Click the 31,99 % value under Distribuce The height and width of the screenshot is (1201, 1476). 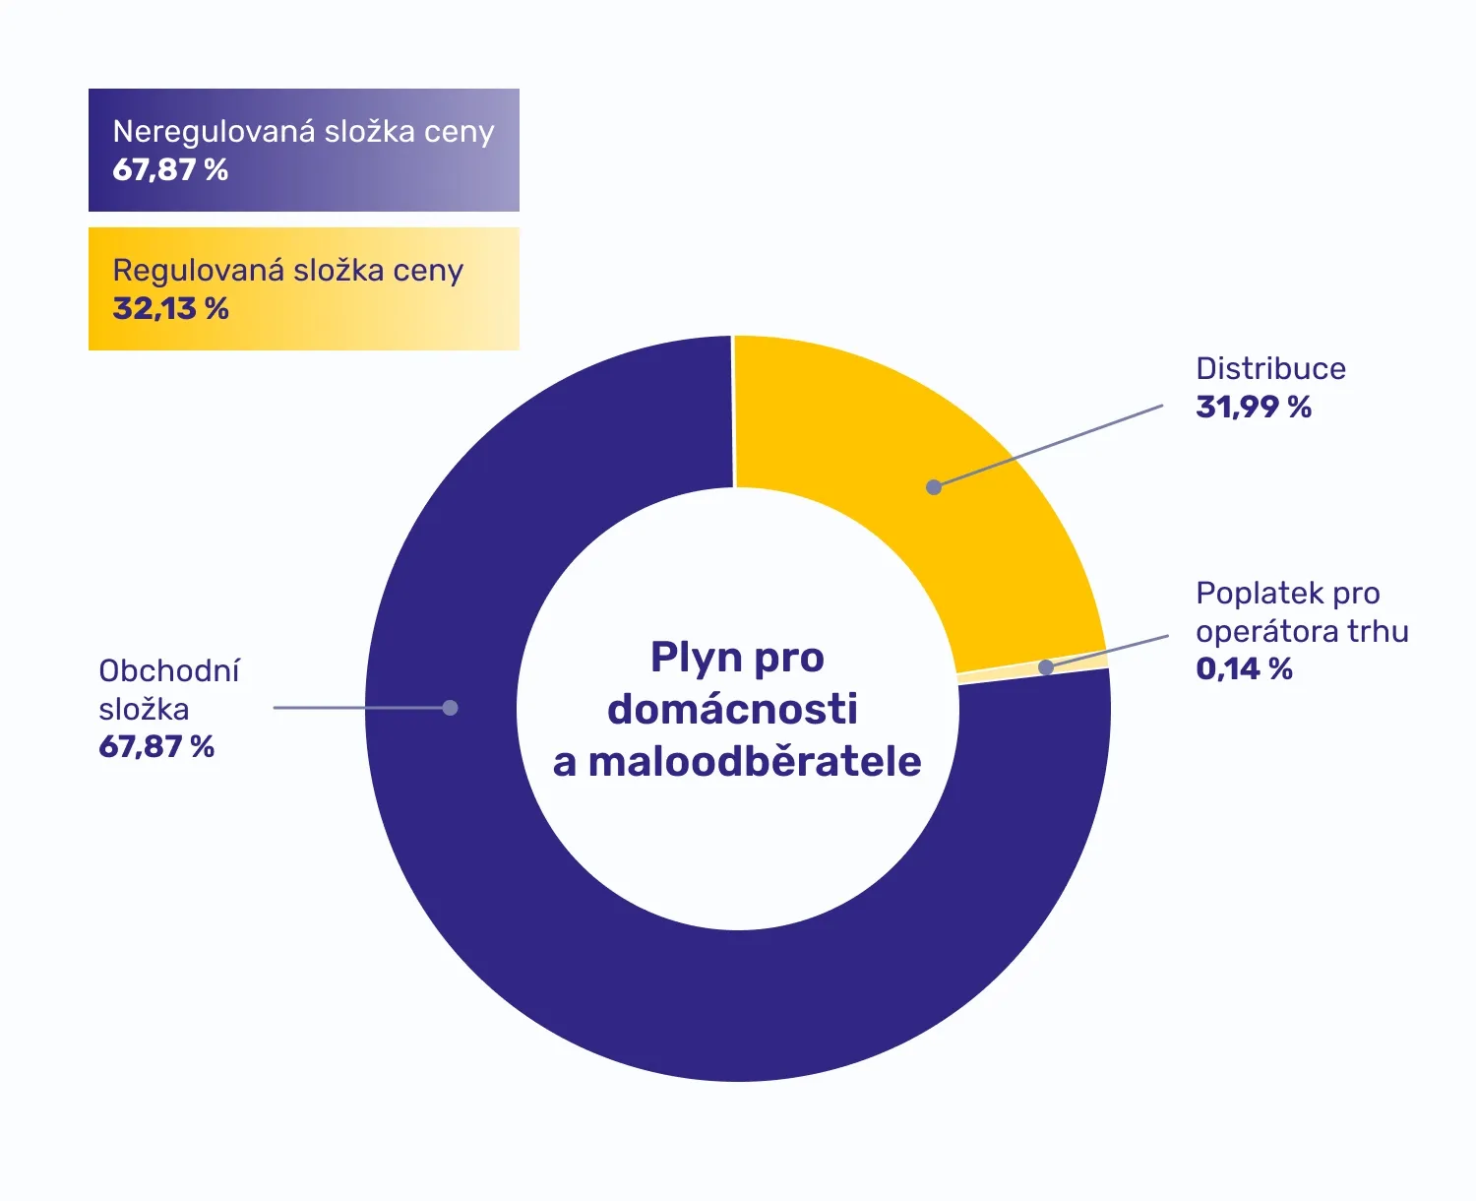1254,407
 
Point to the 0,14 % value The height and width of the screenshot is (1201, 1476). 1244,669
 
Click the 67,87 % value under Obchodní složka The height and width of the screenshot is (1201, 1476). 156,747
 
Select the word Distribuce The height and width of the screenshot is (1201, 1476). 1270,369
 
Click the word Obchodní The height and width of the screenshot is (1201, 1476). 169,671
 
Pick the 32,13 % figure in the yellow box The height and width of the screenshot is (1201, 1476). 170,309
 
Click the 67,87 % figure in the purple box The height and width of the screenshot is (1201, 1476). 170,170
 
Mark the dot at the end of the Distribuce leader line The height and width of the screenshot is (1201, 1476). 934,487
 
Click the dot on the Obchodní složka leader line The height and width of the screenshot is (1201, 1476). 450,708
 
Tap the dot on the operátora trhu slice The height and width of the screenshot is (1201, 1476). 1046,667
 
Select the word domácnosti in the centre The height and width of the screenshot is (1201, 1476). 732,709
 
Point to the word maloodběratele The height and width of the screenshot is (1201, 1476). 755,762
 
